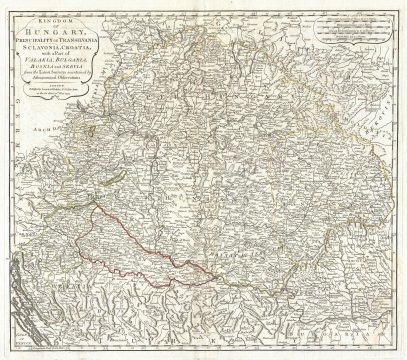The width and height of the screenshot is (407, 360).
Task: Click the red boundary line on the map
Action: point(100,240)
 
